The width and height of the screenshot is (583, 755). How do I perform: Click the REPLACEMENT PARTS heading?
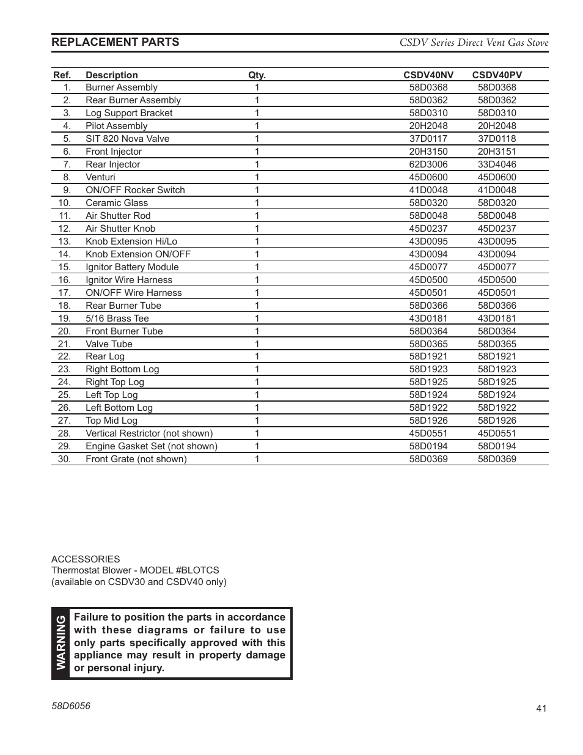(x=116, y=42)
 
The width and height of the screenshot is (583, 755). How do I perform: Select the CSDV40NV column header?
(x=428, y=75)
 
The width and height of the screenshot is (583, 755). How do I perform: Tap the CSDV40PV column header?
(x=497, y=75)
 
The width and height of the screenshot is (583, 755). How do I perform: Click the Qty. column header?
(x=257, y=75)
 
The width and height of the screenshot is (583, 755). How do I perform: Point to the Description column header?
(x=112, y=75)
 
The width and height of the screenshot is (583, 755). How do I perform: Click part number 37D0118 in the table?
(x=497, y=139)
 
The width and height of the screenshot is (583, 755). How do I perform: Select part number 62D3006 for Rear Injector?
(x=428, y=164)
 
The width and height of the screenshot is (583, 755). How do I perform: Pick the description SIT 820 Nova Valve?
(x=128, y=139)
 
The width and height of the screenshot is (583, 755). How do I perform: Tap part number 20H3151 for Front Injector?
(x=497, y=152)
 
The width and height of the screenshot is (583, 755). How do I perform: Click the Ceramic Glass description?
(x=117, y=203)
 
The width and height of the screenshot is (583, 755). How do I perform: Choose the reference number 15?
(x=65, y=267)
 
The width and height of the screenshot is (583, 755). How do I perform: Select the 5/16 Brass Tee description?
(x=117, y=319)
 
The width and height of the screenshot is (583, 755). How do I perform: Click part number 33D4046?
(x=497, y=164)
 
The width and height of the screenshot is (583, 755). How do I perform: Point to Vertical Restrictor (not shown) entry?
(x=149, y=433)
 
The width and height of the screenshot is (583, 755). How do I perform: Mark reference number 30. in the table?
(x=65, y=459)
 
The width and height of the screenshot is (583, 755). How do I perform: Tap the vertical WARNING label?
(x=61, y=643)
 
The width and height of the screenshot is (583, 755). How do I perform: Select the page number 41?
(x=541, y=709)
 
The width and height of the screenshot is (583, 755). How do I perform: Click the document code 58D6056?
(x=71, y=705)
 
